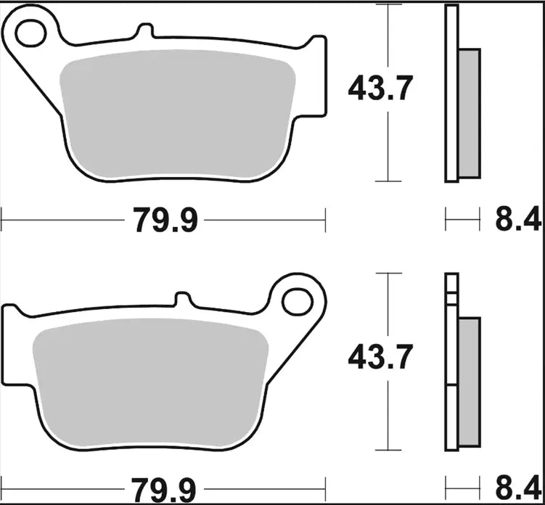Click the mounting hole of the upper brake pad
click(30, 32)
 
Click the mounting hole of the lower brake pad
click(297, 301)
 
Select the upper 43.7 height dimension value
click(380, 89)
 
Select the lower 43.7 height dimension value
click(380, 357)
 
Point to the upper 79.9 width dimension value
click(165, 219)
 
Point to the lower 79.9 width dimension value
click(165, 488)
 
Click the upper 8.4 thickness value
click(518, 219)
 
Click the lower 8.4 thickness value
click(518, 488)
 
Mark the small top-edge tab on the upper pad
click(145, 31)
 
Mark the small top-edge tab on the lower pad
click(184, 298)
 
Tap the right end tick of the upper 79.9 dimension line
click(325, 219)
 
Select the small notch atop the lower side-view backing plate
click(451, 295)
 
